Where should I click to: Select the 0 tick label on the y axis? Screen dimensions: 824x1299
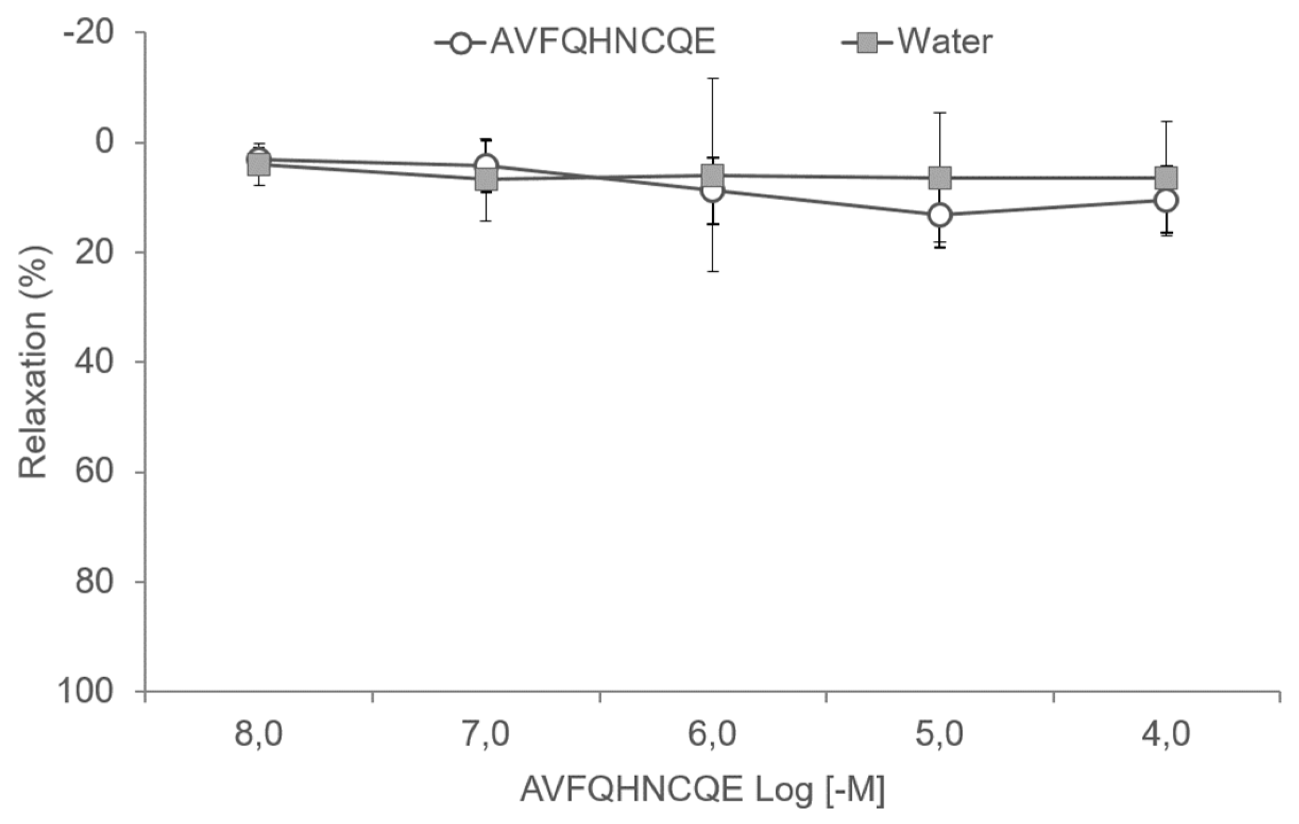[104, 142]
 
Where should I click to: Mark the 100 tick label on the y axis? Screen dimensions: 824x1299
[85, 692]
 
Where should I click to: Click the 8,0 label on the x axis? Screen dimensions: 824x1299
[259, 734]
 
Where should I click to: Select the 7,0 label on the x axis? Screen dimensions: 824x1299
[486, 734]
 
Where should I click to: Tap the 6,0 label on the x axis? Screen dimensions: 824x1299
[713, 734]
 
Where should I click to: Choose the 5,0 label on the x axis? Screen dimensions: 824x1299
[940, 734]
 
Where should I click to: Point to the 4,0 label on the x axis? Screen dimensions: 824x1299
[1167, 734]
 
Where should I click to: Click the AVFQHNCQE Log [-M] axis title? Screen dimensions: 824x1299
[703, 790]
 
